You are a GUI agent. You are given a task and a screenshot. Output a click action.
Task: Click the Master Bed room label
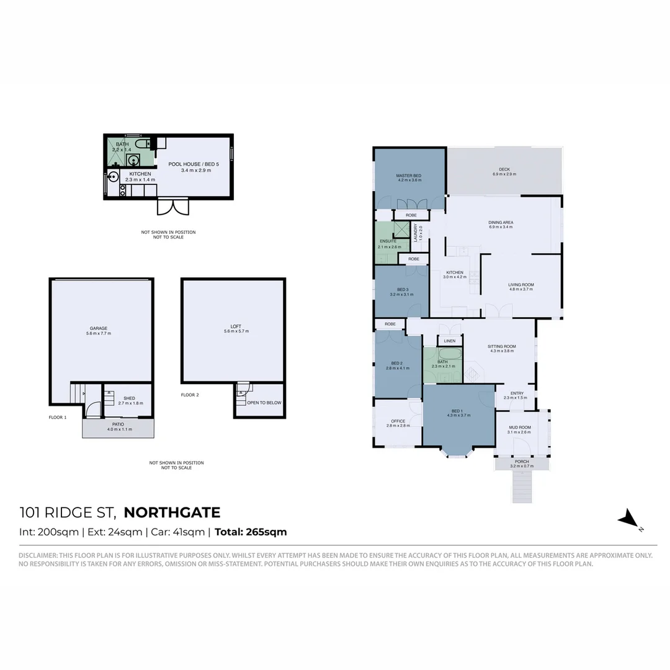click(409, 177)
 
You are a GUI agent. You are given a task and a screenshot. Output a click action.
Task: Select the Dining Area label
click(501, 222)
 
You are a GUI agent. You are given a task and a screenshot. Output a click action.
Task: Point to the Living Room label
click(521, 285)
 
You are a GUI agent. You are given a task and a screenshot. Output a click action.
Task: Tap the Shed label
click(129, 398)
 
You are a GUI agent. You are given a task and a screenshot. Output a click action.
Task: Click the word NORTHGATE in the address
click(172, 512)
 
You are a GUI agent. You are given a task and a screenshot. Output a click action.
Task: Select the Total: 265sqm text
click(251, 532)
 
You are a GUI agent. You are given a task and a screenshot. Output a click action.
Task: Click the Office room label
click(398, 421)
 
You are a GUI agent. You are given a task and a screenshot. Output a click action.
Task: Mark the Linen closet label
click(450, 341)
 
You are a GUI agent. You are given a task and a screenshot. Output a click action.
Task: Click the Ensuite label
click(388, 241)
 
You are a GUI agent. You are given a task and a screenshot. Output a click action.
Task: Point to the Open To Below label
click(264, 403)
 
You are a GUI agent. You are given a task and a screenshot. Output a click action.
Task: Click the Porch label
click(522, 462)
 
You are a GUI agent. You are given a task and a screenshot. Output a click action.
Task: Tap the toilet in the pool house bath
click(141, 144)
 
